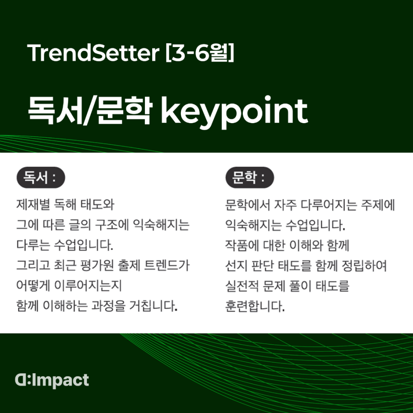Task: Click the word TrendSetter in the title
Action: click(x=93, y=53)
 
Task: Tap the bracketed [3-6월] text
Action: click(x=200, y=53)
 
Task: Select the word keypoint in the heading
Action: click(x=234, y=112)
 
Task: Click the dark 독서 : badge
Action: click(x=41, y=177)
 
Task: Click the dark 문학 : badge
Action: click(x=250, y=177)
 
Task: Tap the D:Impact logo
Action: click(x=52, y=381)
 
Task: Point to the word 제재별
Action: click(x=33, y=205)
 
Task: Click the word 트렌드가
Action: click(x=167, y=265)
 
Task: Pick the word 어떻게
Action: click(x=33, y=286)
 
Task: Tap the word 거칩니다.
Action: click(x=153, y=306)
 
